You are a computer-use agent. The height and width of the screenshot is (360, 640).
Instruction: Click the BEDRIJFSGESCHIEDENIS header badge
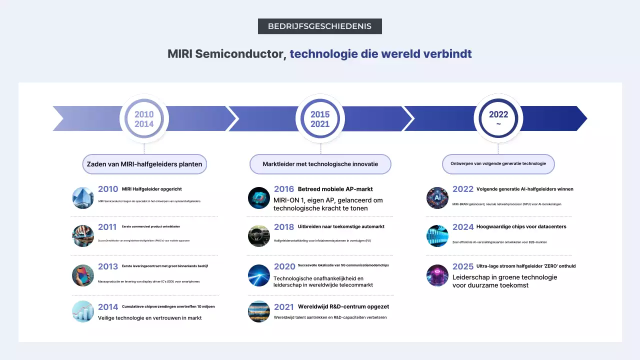[319, 26]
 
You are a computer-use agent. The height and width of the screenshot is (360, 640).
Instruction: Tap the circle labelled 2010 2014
[144, 119]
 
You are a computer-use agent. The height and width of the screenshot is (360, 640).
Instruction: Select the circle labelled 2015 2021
[320, 119]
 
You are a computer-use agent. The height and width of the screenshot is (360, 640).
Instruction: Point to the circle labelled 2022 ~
[498, 119]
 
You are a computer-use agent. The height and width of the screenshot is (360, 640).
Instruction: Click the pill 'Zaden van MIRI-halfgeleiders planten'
[144, 164]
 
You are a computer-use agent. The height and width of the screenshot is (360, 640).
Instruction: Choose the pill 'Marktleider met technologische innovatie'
[320, 164]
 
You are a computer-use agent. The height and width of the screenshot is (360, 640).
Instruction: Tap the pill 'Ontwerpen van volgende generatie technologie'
[498, 163]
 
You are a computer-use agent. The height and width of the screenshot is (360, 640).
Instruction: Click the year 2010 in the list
[108, 189]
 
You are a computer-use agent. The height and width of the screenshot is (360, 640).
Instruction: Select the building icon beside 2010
[83, 198]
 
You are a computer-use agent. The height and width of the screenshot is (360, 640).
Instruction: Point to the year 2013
[108, 266]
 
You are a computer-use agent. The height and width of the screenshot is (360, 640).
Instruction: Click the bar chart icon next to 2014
[83, 311]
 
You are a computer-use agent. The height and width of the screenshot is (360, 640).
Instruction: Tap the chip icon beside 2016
[259, 198]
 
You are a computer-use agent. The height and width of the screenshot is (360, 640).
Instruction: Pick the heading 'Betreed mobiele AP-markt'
[335, 189]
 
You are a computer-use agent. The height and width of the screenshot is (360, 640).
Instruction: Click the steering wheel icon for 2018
[259, 236]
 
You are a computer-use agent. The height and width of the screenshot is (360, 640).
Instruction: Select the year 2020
[284, 266]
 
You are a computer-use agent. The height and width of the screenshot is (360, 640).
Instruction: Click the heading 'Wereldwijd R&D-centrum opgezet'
[343, 306]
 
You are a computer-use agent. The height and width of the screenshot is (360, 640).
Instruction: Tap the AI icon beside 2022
[437, 198]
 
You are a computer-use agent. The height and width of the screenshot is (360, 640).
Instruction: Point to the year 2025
[463, 266]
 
